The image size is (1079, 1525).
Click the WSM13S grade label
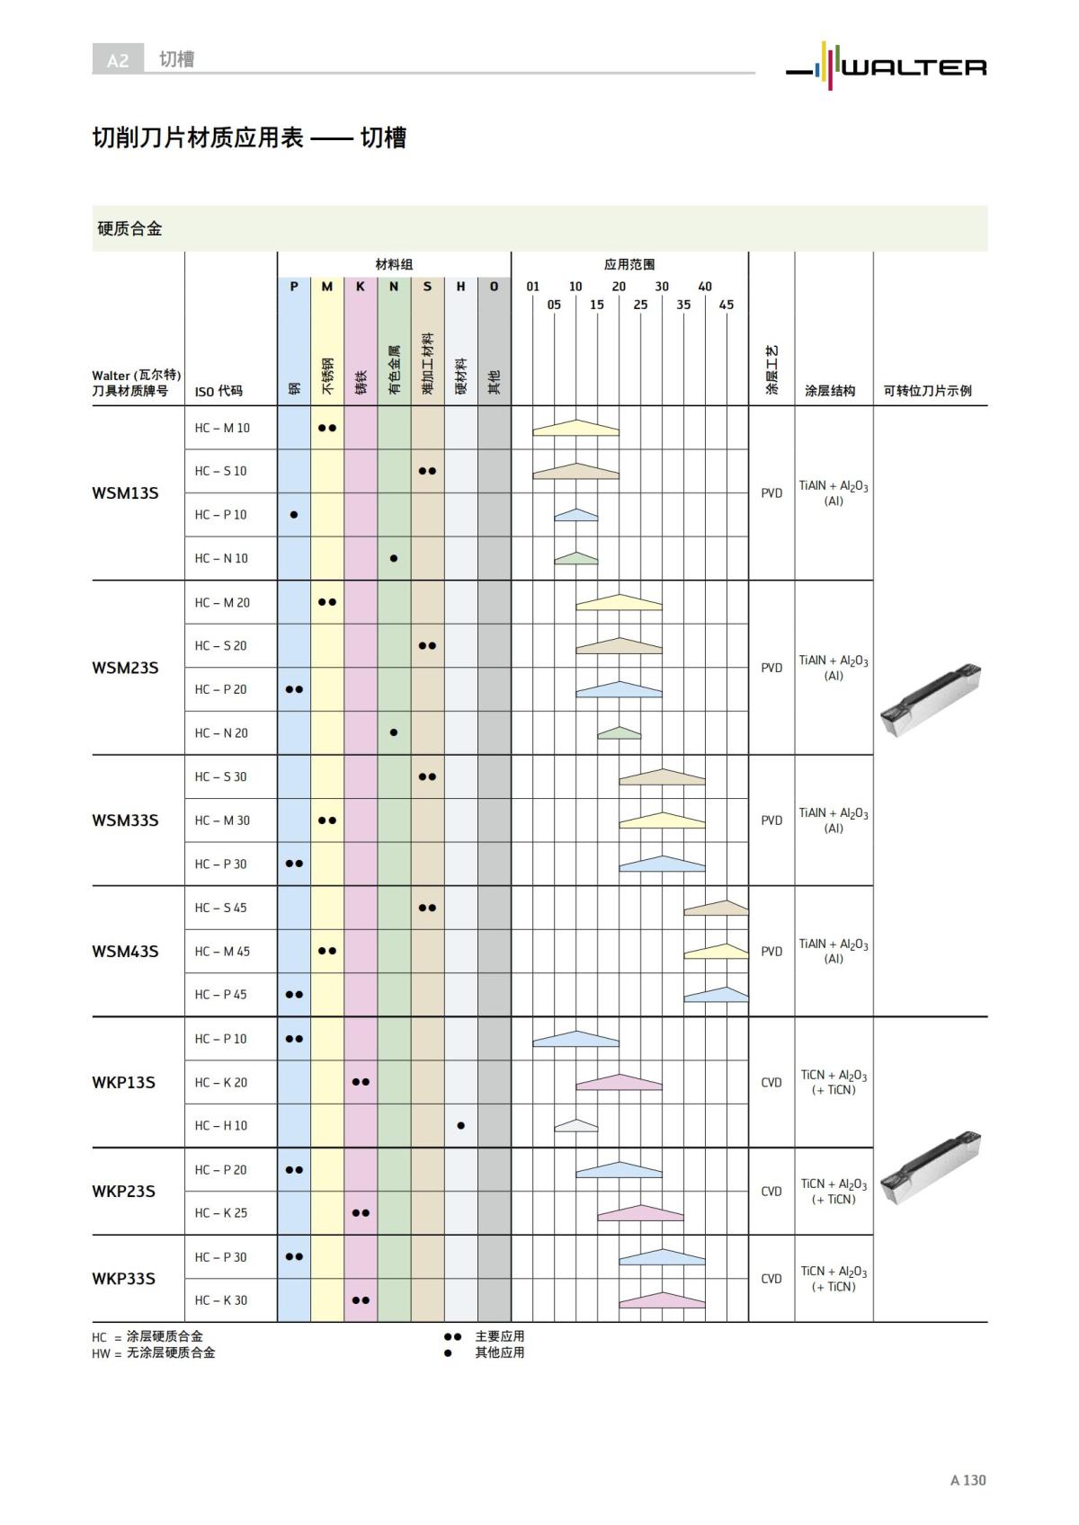click(125, 492)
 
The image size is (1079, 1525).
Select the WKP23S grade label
click(123, 1191)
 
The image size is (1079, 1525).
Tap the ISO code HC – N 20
click(221, 733)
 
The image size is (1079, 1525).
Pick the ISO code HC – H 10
click(221, 1126)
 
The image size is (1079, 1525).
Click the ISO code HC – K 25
click(221, 1213)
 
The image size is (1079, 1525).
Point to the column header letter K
click(361, 287)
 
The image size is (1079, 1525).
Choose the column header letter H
click(460, 287)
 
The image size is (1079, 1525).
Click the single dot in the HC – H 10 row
click(461, 1126)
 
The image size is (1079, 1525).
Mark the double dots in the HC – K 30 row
click(361, 1300)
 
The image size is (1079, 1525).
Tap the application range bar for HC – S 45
click(716, 909)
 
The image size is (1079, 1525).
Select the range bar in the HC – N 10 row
click(576, 558)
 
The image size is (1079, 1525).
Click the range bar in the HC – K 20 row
click(619, 1082)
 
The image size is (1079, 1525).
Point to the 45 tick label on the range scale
click(727, 305)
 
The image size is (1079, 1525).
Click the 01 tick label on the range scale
click(533, 287)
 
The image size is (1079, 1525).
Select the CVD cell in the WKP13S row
click(771, 1083)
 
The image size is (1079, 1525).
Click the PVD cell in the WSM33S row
click(771, 820)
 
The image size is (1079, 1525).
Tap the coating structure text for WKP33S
click(834, 1279)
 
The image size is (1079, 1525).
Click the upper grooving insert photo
click(930, 700)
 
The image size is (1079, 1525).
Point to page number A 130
click(968, 1480)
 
